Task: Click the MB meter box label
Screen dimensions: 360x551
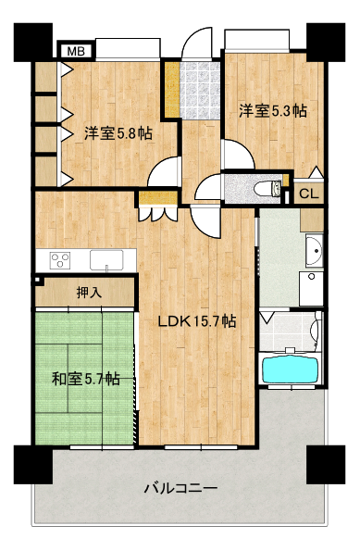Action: [x=76, y=52]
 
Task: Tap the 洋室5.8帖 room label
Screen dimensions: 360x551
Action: [x=118, y=133]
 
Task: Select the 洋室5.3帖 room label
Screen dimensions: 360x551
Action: [x=273, y=111]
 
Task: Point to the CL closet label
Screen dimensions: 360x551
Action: [x=309, y=194]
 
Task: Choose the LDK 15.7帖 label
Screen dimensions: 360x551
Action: [x=197, y=321]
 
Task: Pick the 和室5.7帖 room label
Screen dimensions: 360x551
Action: [x=86, y=379]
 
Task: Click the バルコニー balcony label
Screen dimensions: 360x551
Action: [x=180, y=488]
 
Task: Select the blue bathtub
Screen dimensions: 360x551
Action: [x=291, y=370]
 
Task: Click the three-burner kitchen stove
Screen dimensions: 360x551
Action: [x=60, y=261]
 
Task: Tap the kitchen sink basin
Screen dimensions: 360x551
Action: [x=106, y=260]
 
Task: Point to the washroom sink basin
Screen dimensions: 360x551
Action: [x=314, y=251]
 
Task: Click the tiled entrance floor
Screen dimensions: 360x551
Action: [x=200, y=91]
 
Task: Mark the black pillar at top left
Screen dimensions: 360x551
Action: [x=33, y=43]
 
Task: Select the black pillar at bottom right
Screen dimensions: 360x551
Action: [x=326, y=465]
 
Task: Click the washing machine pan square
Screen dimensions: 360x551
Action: [x=311, y=289]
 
